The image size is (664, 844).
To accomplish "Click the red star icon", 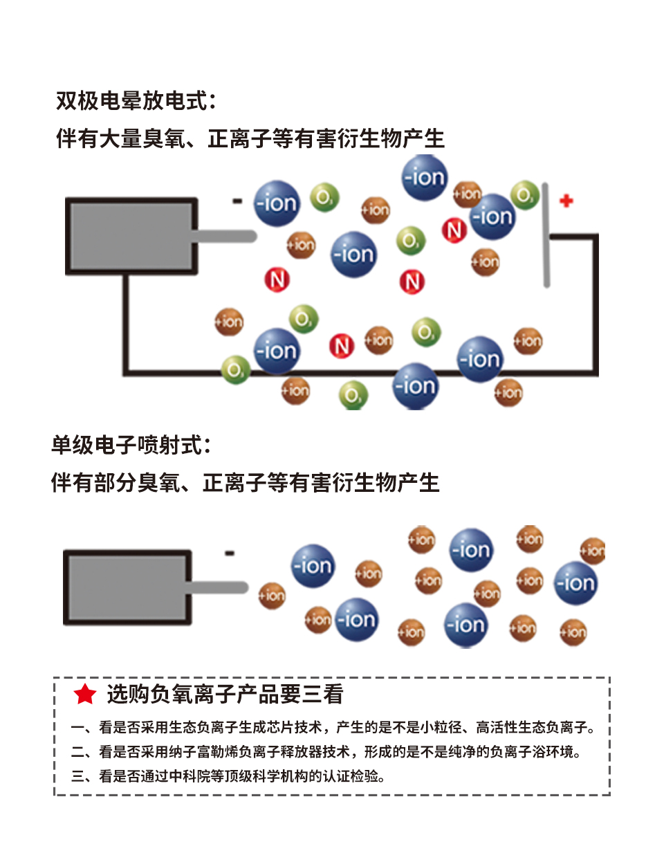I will coord(85,694).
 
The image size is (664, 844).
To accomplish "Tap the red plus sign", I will coord(566,201).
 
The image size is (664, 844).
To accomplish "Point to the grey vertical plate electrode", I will coord(546,235).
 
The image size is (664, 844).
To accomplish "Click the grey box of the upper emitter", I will coord(131,236).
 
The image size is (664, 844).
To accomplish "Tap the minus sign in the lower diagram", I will coord(230,553).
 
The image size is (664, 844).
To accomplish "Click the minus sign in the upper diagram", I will coord(237,201).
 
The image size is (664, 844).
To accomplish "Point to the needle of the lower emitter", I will coord(219,588).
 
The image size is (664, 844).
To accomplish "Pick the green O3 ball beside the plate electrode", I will coord(525,194).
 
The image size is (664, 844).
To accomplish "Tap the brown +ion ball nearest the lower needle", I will coord(272,595).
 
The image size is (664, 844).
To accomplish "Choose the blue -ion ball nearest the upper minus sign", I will coord(277,203).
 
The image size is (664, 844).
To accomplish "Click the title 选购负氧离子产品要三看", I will coord(225,694).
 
